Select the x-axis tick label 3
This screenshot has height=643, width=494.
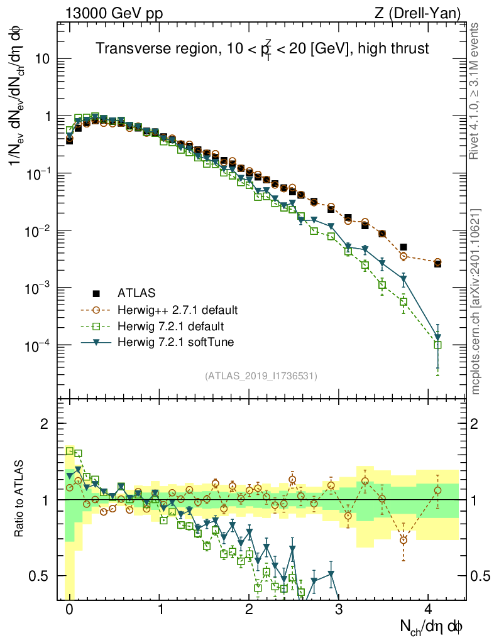pyautogui.click(x=339, y=610)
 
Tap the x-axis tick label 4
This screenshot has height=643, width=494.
pyautogui.click(x=428, y=610)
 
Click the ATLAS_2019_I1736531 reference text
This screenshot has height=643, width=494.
pyautogui.click(x=260, y=376)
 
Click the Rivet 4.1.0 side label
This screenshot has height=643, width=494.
pyautogui.click(x=476, y=90)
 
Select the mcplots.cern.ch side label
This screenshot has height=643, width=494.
pyautogui.click(x=476, y=301)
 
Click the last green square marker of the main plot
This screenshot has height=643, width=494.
pyautogui.click(x=438, y=345)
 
